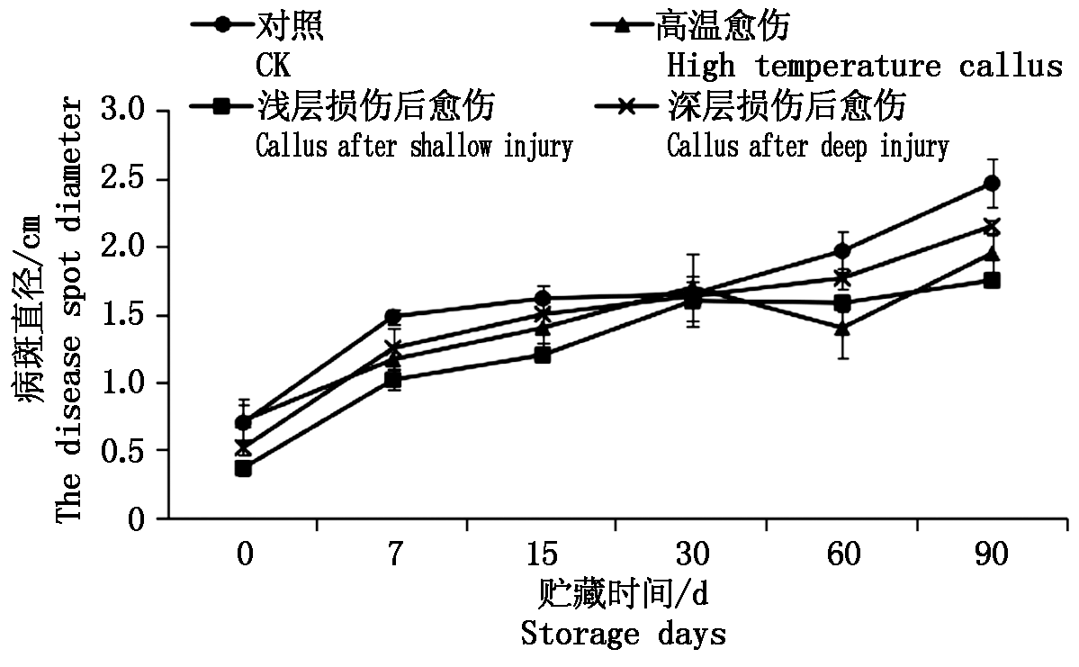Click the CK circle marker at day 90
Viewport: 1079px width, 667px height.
992,184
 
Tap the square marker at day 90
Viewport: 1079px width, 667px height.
992,280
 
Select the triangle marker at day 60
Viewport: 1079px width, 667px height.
842,329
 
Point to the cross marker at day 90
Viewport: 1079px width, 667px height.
992,226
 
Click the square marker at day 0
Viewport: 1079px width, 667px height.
243,468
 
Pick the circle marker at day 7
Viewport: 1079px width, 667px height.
392,317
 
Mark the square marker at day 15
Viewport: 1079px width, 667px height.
543,355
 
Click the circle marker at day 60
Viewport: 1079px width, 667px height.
842,251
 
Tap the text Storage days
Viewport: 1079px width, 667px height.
624,634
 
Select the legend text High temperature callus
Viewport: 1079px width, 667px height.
865,67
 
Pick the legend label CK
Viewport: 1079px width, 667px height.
274,67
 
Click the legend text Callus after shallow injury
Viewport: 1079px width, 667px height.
414,146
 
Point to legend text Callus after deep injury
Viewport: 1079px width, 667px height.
807,146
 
